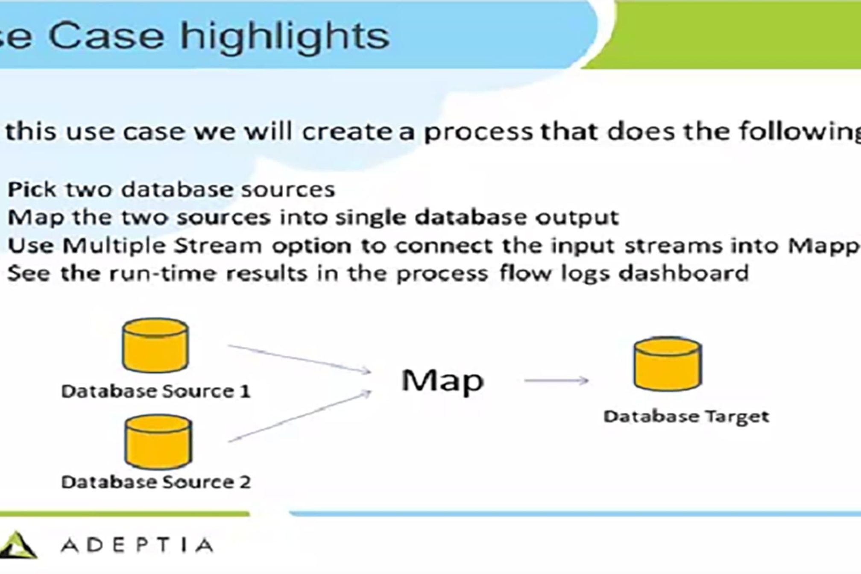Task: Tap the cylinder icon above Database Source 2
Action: pyautogui.click(x=158, y=442)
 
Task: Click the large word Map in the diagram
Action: pyautogui.click(x=442, y=381)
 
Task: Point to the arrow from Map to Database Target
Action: pyautogui.click(x=556, y=380)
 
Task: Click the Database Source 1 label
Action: pyautogui.click(x=155, y=391)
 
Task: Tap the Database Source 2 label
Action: pyautogui.click(x=155, y=482)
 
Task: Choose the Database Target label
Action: pyautogui.click(x=686, y=416)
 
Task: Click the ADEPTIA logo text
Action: pyautogui.click(x=137, y=545)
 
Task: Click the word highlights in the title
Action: pyautogui.click(x=284, y=36)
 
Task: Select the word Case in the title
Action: pyautogui.click(x=106, y=36)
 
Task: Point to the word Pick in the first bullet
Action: pyautogui.click(x=32, y=189)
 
